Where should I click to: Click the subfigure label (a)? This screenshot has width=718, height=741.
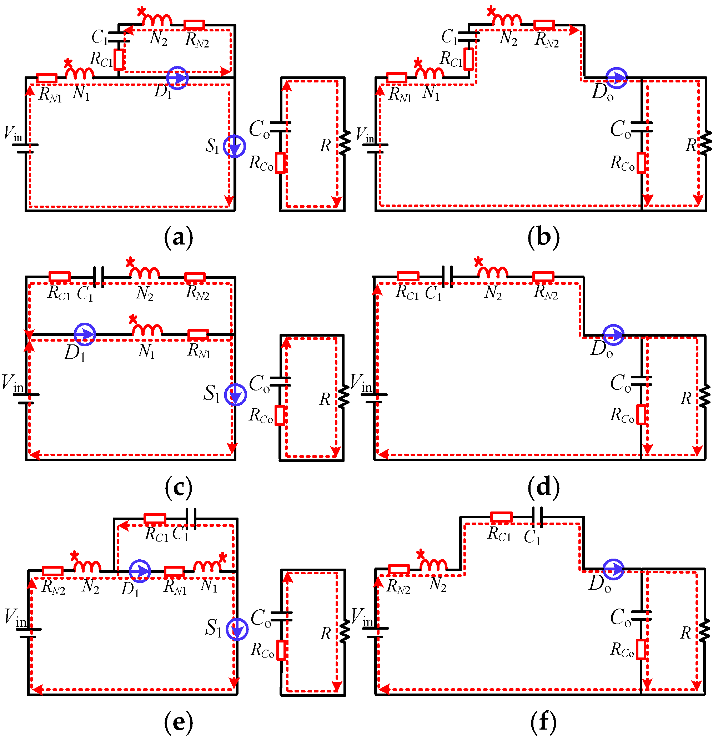pyautogui.click(x=178, y=238)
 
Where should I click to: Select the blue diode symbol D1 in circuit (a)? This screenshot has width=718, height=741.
pyautogui.click(x=177, y=78)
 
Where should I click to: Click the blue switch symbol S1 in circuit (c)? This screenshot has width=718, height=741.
pyautogui.click(x=236, y=395)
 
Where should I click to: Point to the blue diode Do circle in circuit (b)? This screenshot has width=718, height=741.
pyautogui.click(x=617, y=78)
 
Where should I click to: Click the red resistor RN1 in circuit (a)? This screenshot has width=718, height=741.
pyautogui.click(x=47, y=78)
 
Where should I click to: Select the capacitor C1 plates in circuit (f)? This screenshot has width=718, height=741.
pyautogui.click(x=537, y=517)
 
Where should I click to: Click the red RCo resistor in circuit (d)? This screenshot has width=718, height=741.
pyautogui.click(x=641, y=414)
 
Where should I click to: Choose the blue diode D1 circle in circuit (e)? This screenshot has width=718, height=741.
pyautogui.click(x=140, y=571)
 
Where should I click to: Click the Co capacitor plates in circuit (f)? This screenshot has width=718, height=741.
pyautogui.click(x=642, y=616)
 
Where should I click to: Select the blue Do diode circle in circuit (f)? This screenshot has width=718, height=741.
pyautogui.click(x=613, y=569)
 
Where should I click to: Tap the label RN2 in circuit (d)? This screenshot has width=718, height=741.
pyautogui.click(x=545, y=292)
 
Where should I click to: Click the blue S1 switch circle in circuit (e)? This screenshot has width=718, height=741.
pyautogui.click(x=237, y=629)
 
